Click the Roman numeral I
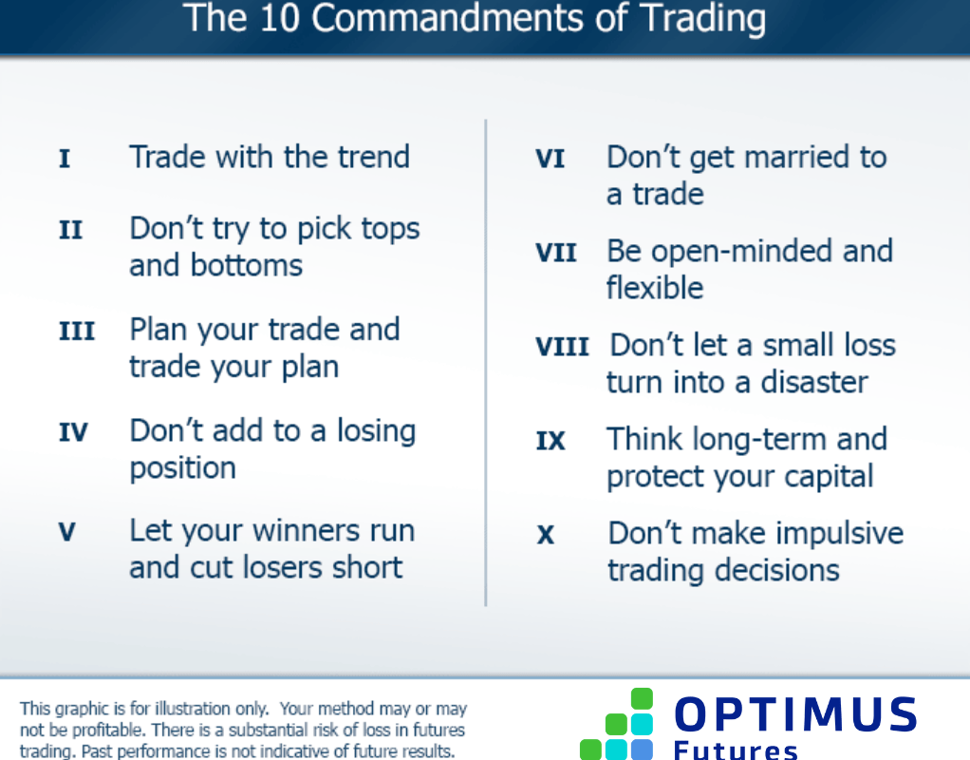[65, 159]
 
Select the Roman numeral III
[77, 332]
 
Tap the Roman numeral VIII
[562, 347]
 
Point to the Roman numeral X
[546, 535]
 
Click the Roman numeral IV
[73, 433]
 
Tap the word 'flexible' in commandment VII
[655, 288]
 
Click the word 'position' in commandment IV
[182, 468]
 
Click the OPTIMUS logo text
[795, 715]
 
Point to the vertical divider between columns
[486, 362]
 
